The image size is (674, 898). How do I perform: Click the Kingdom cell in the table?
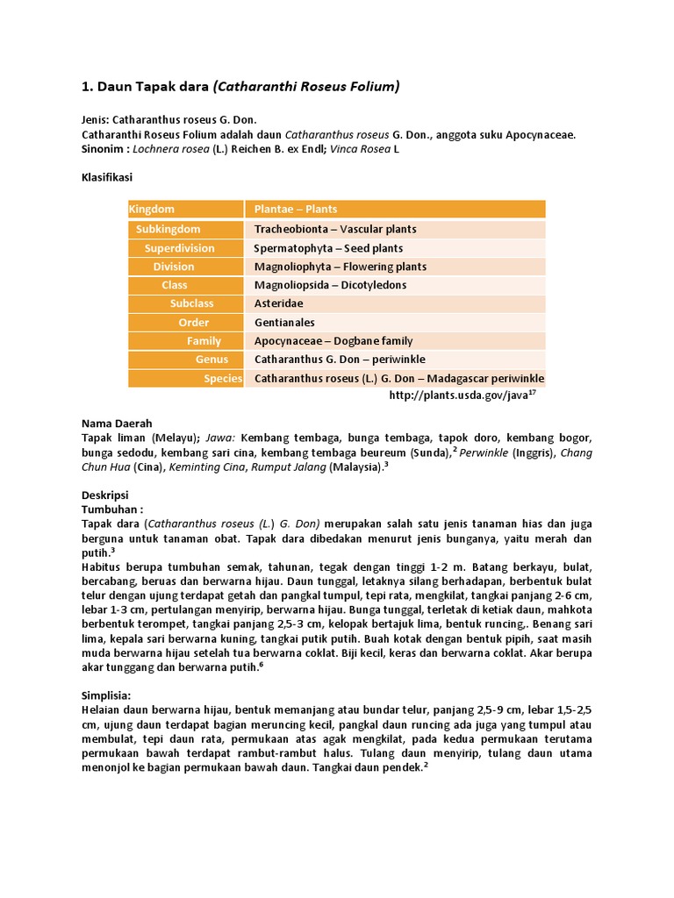(x=152, y=209)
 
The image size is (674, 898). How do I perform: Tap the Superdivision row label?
(x=179, y=248)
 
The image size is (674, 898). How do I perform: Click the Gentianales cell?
(x=284, y=322)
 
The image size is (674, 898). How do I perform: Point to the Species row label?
(x=223, y=378)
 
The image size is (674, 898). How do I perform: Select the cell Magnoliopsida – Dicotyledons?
(x=330, y=285)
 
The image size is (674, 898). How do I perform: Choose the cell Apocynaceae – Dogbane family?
(x=333, y=341)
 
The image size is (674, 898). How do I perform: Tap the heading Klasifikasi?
(x=107, y=176)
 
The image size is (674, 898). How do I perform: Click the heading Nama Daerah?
(x=112, y=423)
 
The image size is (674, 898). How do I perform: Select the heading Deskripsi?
(x=104, y=495)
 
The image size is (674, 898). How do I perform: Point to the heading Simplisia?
(x=106, y=695)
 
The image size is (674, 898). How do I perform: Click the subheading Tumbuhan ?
(x=111, y=509)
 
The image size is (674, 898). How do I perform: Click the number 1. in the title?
(x=87, y=86)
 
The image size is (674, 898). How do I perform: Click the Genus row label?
(x=212, y=360)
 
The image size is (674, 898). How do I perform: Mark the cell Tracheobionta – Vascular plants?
(x=335, y=229)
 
